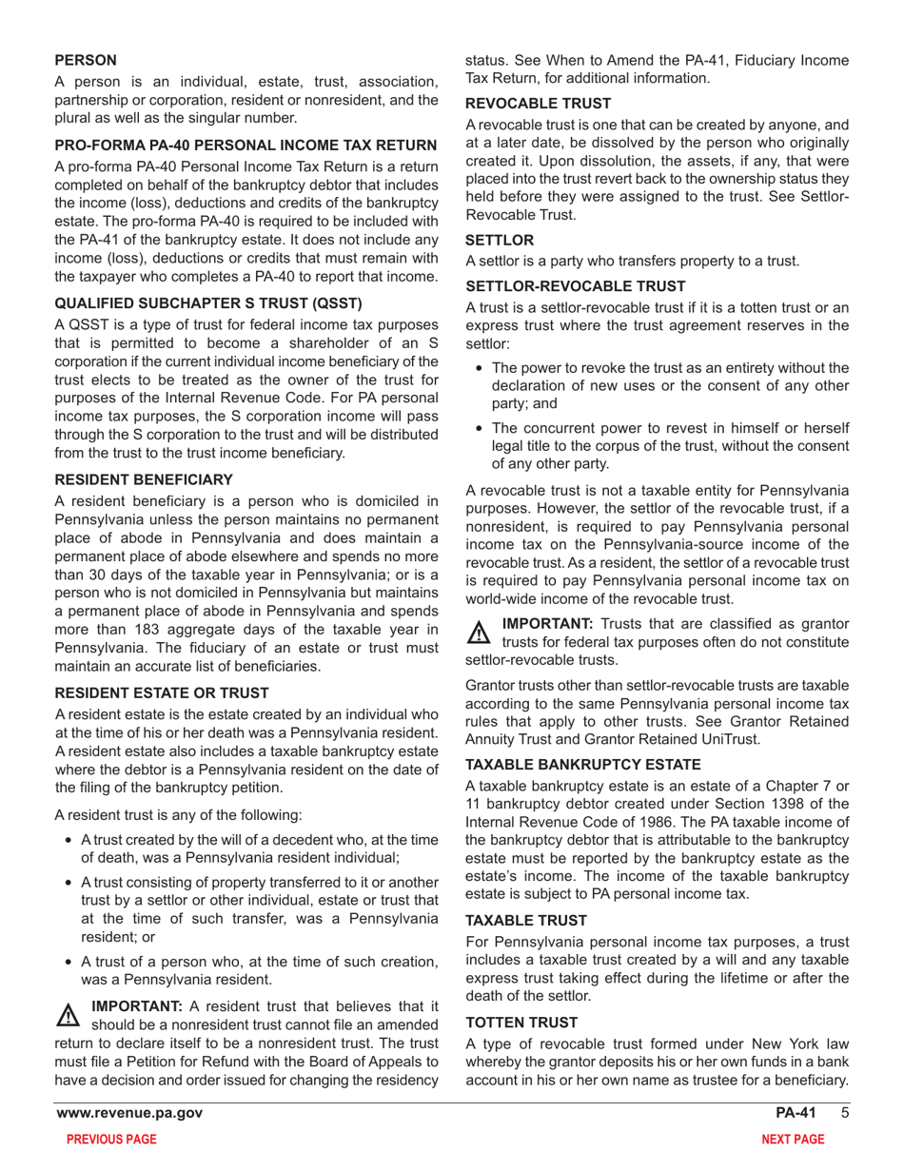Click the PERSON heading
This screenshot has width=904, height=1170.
point(86,59)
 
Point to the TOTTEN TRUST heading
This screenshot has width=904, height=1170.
point(521,1023)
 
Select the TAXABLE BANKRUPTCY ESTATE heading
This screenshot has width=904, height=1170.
point(583,764)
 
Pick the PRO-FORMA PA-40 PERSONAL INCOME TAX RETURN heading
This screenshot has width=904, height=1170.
point(246,146)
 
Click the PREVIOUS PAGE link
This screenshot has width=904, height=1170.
point(106,1140)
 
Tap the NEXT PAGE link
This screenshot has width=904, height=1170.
point(793,1140)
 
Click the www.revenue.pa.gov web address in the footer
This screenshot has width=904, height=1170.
point(128,1113)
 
